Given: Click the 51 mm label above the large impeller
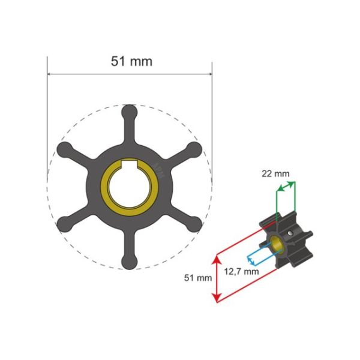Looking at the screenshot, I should coord(131,61).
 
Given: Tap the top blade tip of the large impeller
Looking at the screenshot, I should coord(129,112).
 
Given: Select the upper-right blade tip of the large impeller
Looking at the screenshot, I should coord(193,149).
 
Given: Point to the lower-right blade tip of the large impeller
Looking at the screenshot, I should coord(193,223).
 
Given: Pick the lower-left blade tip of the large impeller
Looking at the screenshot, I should coord(65,223).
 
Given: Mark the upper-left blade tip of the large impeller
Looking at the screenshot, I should coord(65,149).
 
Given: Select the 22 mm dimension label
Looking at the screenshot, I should coord(276,173).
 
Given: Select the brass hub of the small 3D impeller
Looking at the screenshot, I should coord(277,244).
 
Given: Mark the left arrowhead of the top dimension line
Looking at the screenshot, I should coord(50,75).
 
